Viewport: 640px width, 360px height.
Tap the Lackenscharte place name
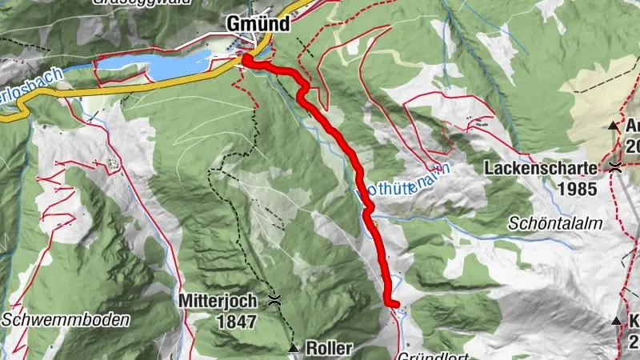[x=541, y=169]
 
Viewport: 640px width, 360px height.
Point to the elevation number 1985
[x=580, y=190]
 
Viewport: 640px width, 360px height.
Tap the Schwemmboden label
[x=66, y=319]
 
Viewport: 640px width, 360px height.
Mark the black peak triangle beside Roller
[x=294, y=349]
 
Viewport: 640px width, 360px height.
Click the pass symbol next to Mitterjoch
[x=275, y=301]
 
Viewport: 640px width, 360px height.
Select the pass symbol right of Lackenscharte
[x=614, y=167]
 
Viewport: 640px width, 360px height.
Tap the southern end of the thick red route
[x=392, y=302]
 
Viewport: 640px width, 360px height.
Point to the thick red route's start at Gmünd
[x=246, y=58]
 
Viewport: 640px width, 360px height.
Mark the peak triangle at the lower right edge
[x=616, y=321]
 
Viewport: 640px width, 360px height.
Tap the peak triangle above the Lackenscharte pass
[x=614, y=126]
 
